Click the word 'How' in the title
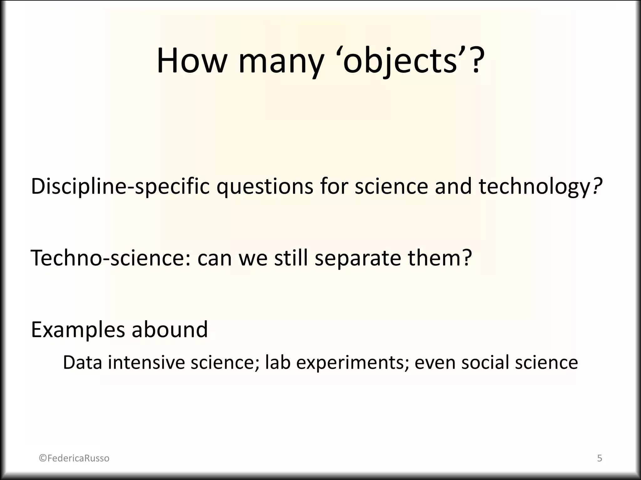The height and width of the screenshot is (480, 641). [191, 61]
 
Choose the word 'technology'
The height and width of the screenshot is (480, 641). [534, 187]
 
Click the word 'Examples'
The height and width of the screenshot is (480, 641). [78, 330]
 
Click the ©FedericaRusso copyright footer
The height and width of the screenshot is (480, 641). [74, 458]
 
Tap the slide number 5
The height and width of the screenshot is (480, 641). [599, 458]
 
